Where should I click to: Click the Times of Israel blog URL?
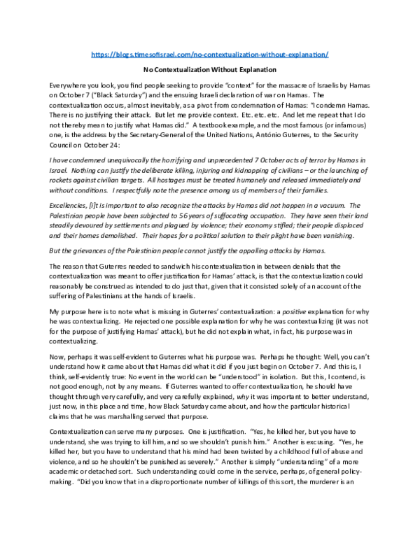210,54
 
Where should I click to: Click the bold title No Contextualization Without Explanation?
210,70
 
